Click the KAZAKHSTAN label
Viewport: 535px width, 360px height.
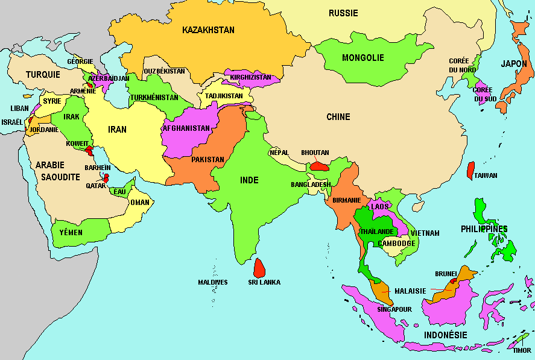(x=208, y=30)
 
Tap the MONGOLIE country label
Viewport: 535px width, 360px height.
(x=362, y=58)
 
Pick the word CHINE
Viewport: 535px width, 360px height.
(x=338, y=117)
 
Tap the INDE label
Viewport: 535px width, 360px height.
(x=249, y=180)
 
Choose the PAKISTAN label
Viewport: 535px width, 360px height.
(x=207, y=160)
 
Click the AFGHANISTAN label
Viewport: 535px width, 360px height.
(x=186, y=128)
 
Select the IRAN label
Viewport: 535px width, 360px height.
(x=117, y=129)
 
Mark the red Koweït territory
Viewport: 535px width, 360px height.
(x=89, y=150)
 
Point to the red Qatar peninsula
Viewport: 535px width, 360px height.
(x=106, y=178)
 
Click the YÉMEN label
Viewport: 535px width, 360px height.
(x=71, y=232)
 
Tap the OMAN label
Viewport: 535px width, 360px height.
(x=139, y=203)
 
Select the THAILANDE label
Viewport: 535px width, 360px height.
(x=376, y=232)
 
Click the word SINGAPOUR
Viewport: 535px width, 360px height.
(x=394, y=309)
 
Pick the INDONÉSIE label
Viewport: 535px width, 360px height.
(x=446, y=335)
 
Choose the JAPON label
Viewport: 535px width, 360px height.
(x=513, y=63)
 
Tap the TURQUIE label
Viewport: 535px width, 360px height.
(x=43, y=75)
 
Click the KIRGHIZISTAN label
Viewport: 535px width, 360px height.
(x=251, y=78)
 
